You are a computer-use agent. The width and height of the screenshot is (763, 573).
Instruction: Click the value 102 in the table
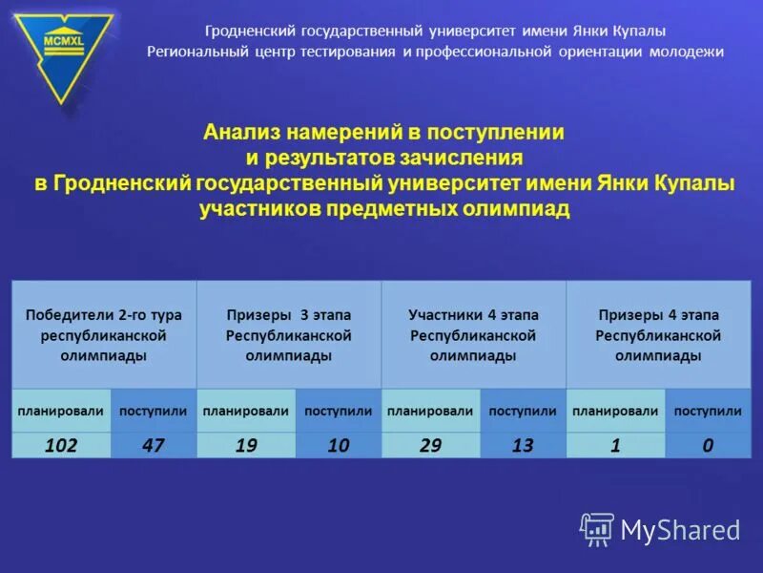61,445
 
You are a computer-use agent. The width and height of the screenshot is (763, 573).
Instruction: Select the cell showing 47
153,445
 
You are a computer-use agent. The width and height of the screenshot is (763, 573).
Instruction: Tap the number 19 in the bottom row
245,445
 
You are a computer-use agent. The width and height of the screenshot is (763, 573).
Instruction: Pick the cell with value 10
338,445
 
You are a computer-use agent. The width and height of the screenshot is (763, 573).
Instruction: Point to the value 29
430,445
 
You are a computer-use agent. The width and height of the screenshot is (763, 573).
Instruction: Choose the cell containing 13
523,445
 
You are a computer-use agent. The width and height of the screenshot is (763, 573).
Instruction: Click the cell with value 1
615,445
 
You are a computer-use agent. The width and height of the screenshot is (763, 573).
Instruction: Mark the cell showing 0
708,445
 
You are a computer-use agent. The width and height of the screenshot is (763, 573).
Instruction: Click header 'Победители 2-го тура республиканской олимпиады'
104,334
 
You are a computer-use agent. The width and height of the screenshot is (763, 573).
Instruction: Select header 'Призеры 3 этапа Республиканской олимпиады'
289,334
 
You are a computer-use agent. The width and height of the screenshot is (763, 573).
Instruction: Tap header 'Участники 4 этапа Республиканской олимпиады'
474,334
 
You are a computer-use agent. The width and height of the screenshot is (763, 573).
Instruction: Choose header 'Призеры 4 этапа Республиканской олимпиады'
658,334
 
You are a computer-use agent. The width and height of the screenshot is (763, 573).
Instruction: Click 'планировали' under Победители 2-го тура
61,411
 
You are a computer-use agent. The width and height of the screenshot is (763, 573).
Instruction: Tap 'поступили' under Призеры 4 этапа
708,411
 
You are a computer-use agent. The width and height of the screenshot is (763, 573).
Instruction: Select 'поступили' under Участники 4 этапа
523,411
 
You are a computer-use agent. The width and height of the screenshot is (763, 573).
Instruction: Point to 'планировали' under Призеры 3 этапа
245,411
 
